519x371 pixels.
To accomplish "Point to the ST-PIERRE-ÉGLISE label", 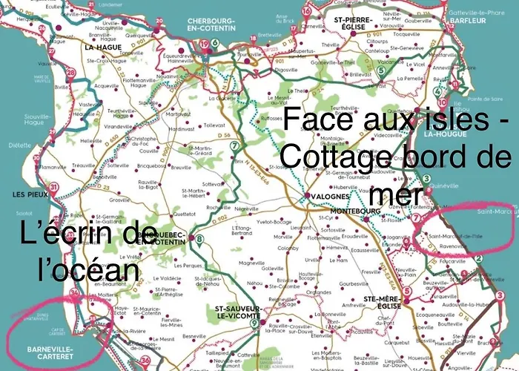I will click(352, 22).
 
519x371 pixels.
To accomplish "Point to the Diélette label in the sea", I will click(16, 146).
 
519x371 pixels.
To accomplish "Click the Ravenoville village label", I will click(451, 248).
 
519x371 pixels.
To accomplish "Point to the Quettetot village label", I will click(184, 213).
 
